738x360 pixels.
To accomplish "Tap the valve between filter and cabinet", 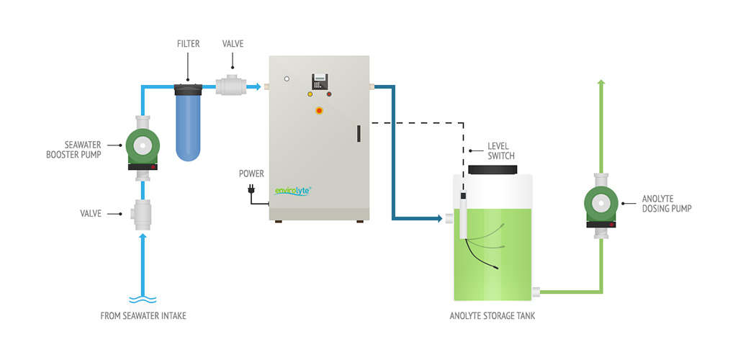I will [232, 87].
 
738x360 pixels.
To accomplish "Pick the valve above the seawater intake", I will [143, 214].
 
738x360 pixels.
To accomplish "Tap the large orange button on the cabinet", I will [319, 110].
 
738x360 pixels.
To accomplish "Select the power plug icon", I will [251, 190].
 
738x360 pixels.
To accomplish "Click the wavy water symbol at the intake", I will [143, 299].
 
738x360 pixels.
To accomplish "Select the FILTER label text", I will [188, 43].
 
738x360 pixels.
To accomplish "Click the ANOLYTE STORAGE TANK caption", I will [494, 315].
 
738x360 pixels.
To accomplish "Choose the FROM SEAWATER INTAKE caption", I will [143, 315].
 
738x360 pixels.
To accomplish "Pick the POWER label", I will [251, 174].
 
